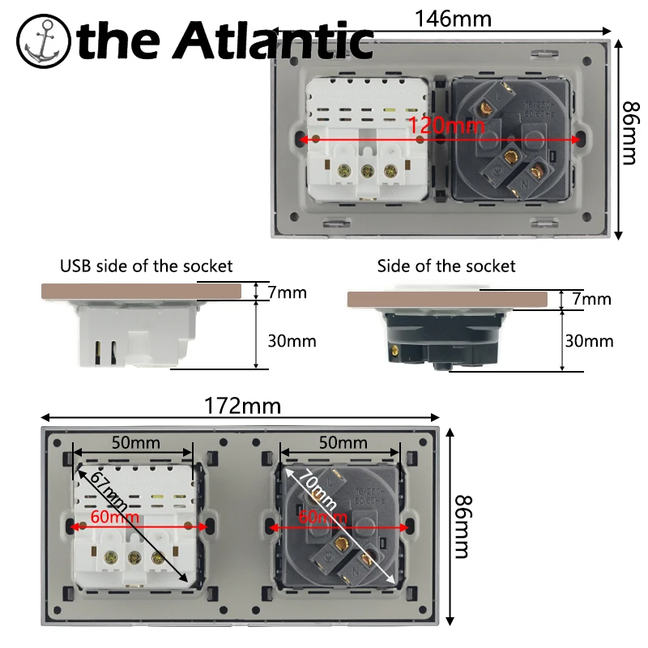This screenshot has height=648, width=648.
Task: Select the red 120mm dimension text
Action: pos(446,126)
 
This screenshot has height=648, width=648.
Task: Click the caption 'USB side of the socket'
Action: pos(147,266)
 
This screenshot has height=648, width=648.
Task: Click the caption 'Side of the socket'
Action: pos(446,266)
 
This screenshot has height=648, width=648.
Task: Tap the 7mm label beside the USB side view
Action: pos(287,292)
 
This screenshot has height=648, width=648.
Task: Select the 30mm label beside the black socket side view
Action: pos(589,341)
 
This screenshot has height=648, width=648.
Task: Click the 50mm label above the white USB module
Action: pos(135,443)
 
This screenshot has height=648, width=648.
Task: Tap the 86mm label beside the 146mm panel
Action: pos(630,133)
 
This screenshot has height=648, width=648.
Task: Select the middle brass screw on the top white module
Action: pos(366,171)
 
